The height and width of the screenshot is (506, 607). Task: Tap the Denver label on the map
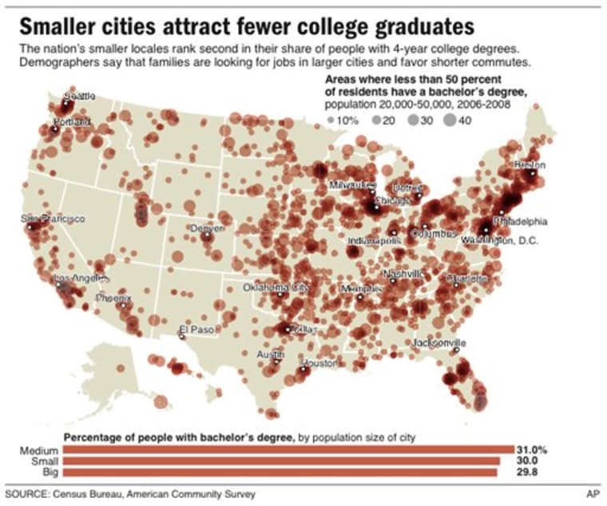point(208,227)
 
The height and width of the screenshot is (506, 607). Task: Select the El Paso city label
point(195,329)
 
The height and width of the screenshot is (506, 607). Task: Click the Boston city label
point(530,164)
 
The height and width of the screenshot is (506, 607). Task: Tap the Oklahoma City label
point(276,287)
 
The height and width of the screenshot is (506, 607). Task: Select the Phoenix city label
point(113,297)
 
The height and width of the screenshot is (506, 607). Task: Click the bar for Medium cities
point(288,449)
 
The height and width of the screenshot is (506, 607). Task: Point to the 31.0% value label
point(531,449)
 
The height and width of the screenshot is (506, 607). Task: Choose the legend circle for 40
point(448,120)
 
